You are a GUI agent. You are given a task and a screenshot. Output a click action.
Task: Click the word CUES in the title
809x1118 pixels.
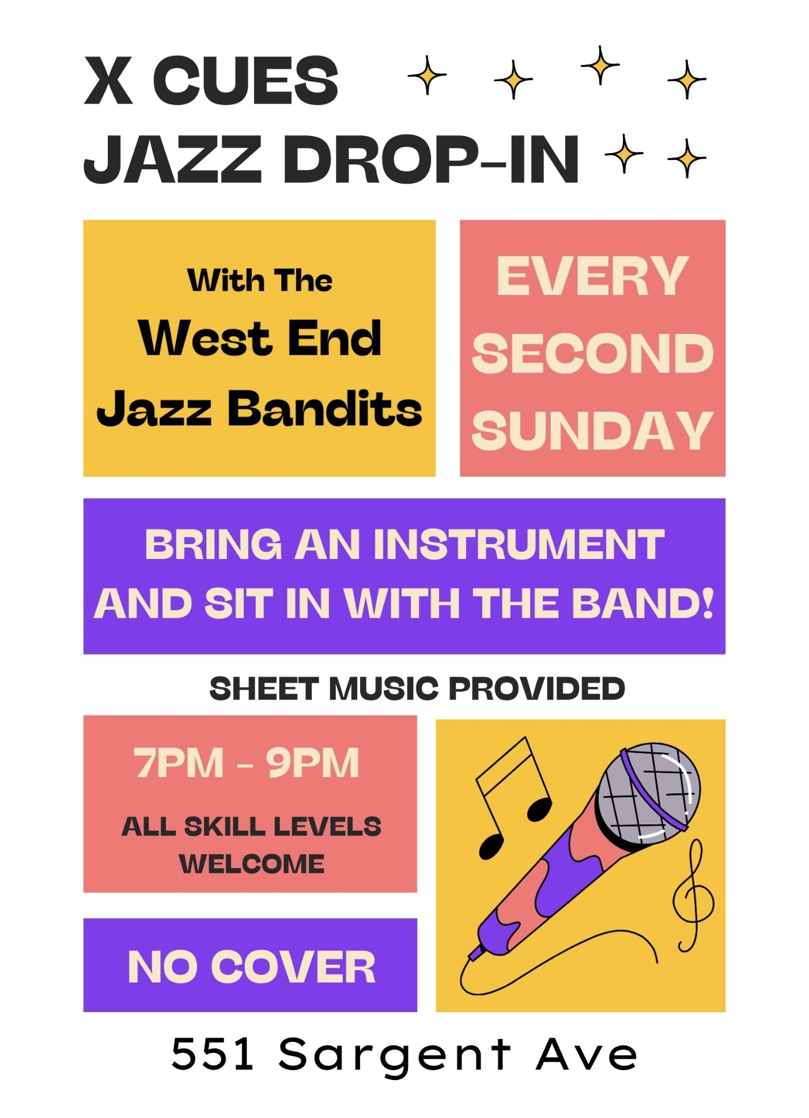pyautogui.click(x=245, y=81)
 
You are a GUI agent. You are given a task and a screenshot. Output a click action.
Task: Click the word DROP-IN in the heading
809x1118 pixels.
pyautogui.click(x=431, y=159)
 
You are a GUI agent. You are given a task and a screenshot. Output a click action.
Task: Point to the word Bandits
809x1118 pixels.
pyautogui.click(x=325, y=408)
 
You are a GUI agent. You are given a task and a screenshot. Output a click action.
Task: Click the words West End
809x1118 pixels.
pyautogui.click(x=260, y=338)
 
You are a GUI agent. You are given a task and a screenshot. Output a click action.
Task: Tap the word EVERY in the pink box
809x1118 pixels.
pyautogui.click(x=592, y=276)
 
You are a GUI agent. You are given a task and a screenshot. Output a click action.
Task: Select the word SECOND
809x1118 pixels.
pyautogui.click(x=593, y=353)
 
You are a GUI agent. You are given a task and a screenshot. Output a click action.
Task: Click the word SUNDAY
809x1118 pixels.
pyautogui.click(x=593, y=430)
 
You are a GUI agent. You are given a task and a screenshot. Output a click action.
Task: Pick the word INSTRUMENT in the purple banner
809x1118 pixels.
pyautogui.click(x=519, y=544)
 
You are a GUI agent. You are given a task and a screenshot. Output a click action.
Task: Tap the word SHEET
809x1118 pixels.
pyautogui.click(x=264, y=689)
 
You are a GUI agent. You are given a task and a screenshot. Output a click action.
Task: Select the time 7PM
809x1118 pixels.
pyautogui.click(x=179, y=763)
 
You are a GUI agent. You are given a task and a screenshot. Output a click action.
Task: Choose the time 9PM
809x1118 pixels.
pyautogui.click(x=313, y=763)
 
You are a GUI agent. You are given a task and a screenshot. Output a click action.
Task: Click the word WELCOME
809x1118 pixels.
pyautogui.click(x=252, y=864)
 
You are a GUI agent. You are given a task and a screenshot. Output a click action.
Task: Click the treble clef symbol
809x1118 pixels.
pyautogui.click(x=693, y=896)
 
